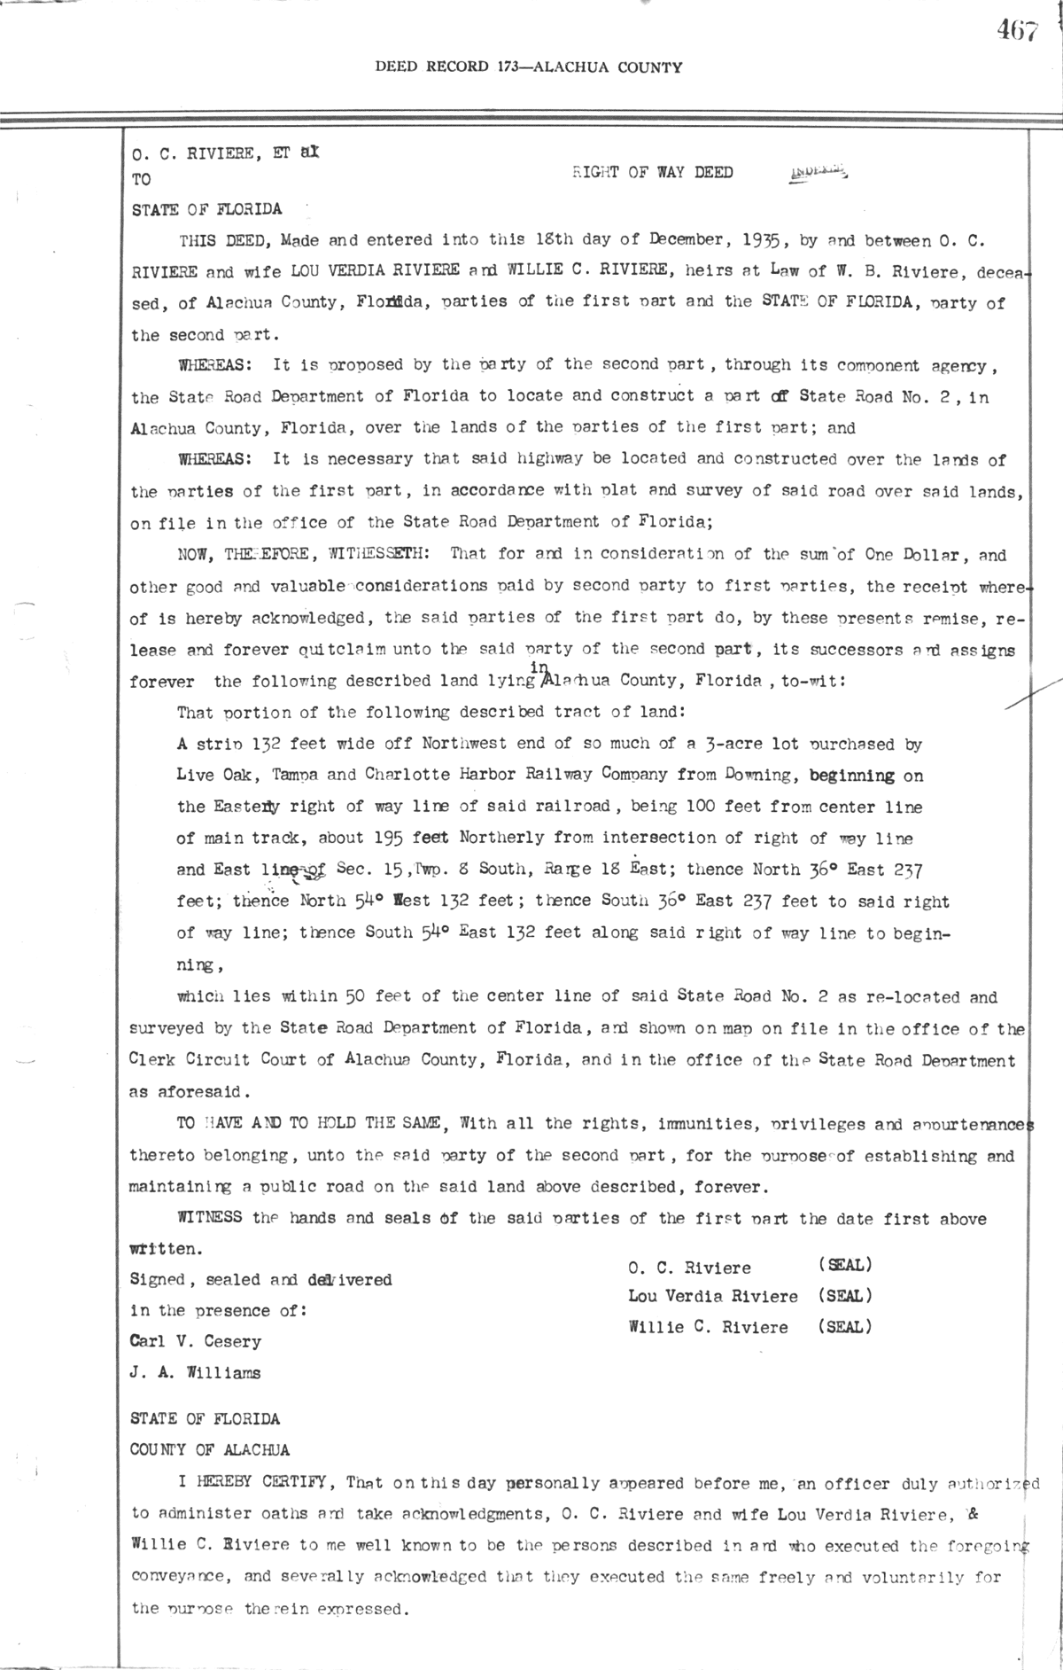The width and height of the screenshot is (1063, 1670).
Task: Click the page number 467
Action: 1015,31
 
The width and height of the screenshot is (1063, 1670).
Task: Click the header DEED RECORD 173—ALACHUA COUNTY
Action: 529,66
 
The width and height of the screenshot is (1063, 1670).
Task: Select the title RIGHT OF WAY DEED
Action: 653,173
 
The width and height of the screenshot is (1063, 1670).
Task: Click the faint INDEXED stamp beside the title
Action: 816,173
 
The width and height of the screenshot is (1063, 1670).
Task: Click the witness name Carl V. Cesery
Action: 196,1341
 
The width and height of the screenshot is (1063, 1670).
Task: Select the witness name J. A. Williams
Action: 196,1373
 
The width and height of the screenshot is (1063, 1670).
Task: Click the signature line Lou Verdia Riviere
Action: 713,1296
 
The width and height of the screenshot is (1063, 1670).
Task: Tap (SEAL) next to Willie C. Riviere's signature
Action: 845,1327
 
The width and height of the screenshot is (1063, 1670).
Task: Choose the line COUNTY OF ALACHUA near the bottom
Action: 210,1450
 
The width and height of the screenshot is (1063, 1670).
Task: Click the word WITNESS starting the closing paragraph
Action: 210,1218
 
